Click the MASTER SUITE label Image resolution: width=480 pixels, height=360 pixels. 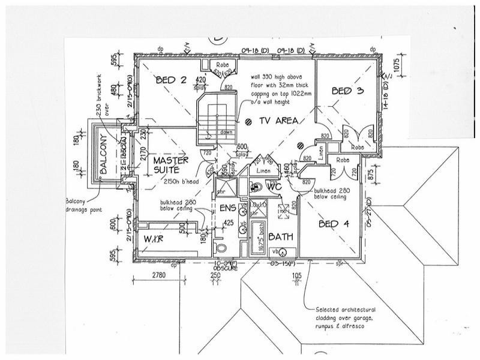coord(170,166)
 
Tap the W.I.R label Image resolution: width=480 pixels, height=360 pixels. coord(153,240)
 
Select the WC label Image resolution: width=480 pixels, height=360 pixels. coord(274,187)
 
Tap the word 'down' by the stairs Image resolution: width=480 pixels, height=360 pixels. coord(226,133)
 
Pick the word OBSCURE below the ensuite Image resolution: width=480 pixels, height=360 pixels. coord(223,268)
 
